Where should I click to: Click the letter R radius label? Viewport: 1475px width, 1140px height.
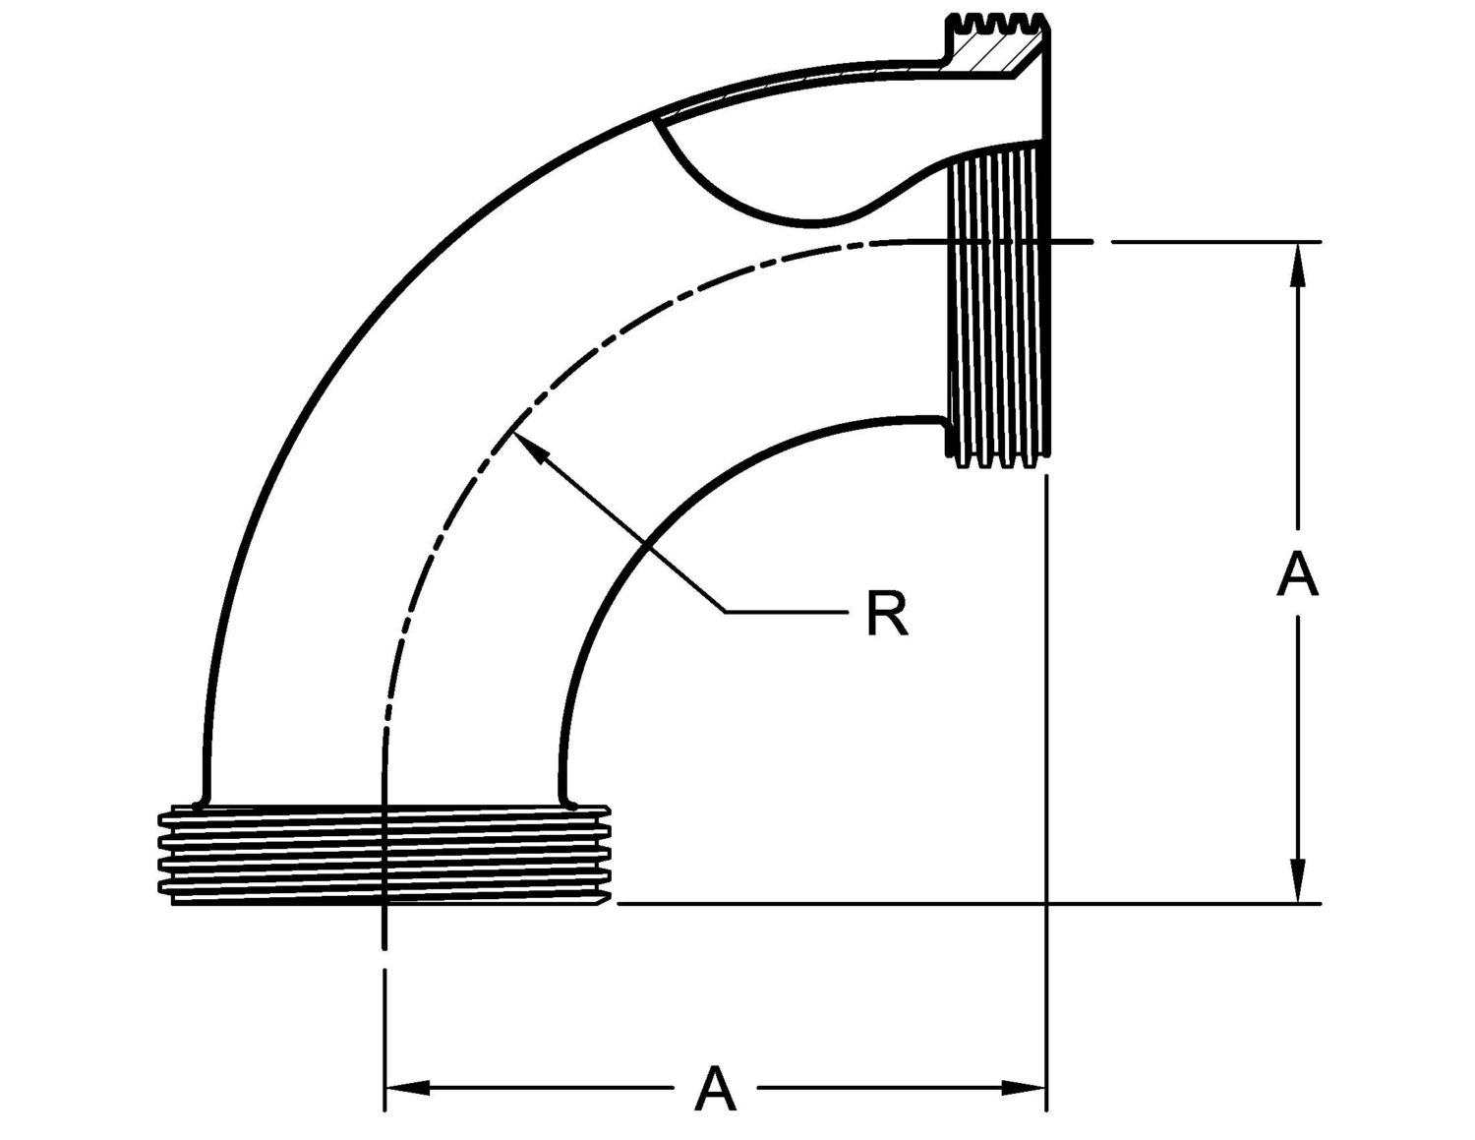[887, 614]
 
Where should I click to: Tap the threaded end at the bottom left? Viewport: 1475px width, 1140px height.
[383, 854]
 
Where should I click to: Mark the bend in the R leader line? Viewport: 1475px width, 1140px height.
[726, 612]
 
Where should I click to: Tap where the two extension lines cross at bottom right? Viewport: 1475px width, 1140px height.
[1047, 903]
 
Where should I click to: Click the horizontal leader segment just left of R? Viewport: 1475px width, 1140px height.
[787, 612]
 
